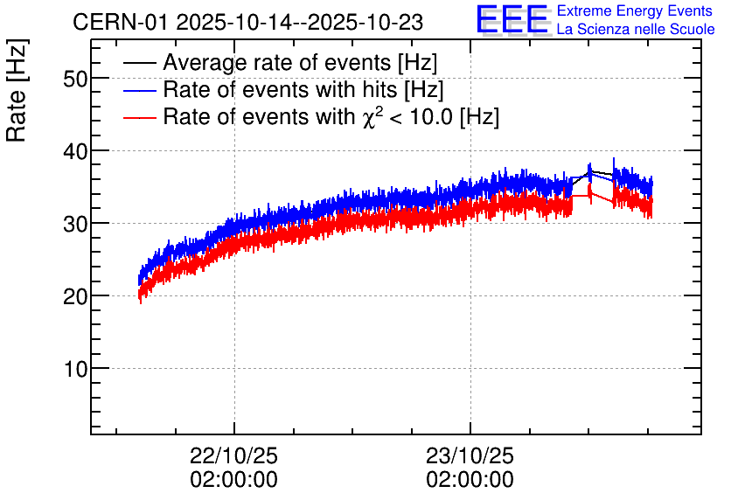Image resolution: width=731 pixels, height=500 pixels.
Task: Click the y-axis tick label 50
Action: click(76, 79)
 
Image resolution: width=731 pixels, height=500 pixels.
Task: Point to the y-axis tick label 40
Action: click(76, 151)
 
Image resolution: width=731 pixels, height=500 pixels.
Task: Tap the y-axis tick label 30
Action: click(76, 224)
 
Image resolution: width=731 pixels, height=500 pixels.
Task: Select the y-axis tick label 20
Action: click(76, 296)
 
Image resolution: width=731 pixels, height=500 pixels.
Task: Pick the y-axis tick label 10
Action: click(76, 369)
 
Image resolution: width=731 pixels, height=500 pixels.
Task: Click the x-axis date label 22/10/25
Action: click(234, 456)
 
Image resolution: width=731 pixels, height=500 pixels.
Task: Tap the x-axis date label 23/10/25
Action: click(470, 456)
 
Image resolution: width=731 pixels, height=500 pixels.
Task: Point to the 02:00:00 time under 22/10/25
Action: click(234, 480)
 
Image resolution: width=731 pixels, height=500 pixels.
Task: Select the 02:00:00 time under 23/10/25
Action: click(470, 480)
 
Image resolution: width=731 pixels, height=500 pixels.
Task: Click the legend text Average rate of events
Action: click(300, 64)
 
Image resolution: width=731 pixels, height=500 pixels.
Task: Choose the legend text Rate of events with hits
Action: click(303, 90)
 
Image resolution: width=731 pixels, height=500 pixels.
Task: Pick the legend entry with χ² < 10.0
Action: click(331, 117)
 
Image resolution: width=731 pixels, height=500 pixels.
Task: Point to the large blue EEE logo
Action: click(513, 19)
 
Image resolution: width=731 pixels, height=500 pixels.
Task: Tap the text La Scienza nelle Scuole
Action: click(636, 29)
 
